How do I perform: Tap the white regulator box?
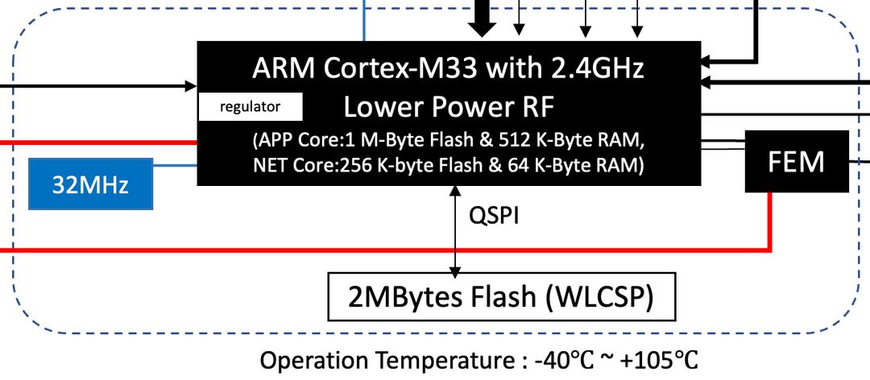251,106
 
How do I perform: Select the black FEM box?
797,161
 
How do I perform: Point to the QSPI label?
493,217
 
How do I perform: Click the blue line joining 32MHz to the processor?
176,167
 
